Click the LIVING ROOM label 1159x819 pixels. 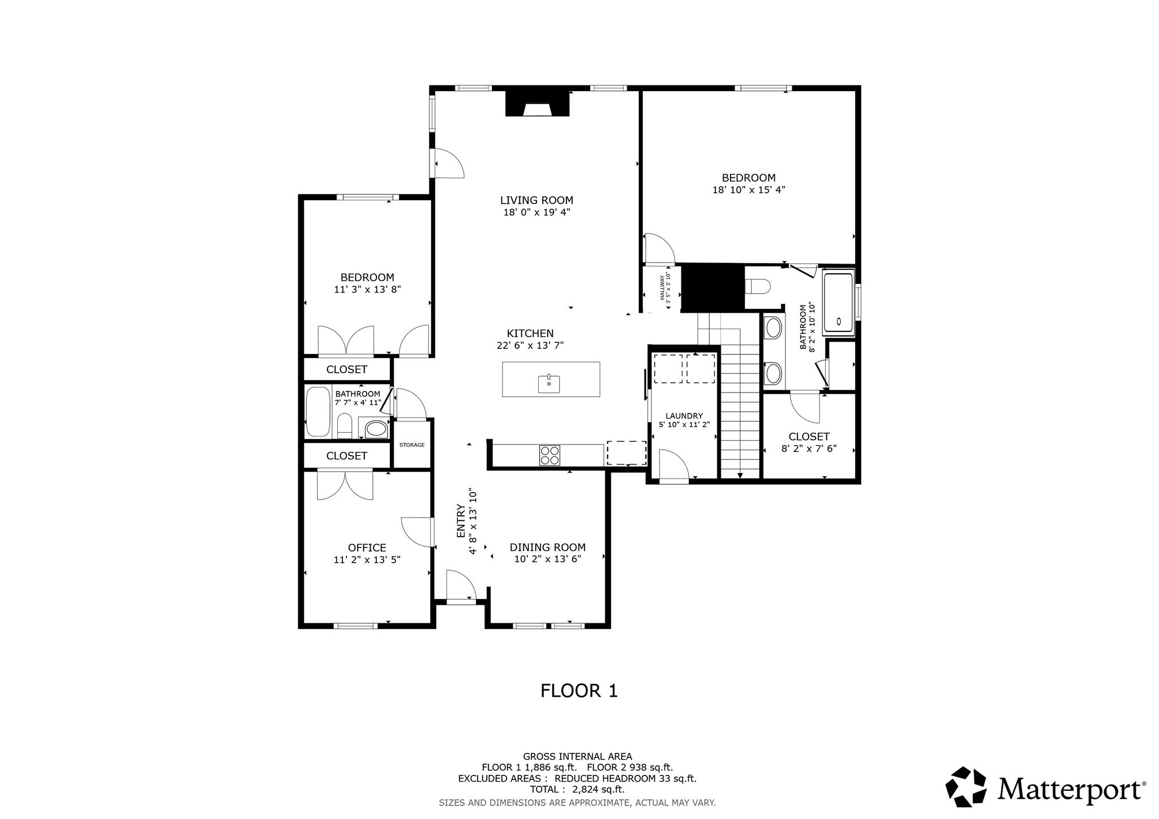[x=536, y=200]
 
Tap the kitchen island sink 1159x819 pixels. [x=549, y=383]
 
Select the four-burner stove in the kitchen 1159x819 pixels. [x=550, y=455]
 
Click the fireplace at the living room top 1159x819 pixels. [x=537, y=104]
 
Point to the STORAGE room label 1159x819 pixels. [x=412, y=445]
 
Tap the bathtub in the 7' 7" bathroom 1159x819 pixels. [x=317, y=412]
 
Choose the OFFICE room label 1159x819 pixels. [x=367, y=548]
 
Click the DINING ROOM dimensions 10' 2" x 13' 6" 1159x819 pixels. [x=548, y=559]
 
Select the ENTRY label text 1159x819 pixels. [x=461, y=521]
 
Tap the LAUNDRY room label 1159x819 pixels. [x=684, y=416]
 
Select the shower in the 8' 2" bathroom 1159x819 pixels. [x=839, y=303]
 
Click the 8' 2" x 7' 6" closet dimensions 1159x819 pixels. [x=809, y=449]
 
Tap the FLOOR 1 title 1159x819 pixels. [x=579, y=691]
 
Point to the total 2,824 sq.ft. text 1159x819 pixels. [x=577, y=790]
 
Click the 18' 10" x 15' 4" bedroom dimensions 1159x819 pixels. [x=749, y=190]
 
